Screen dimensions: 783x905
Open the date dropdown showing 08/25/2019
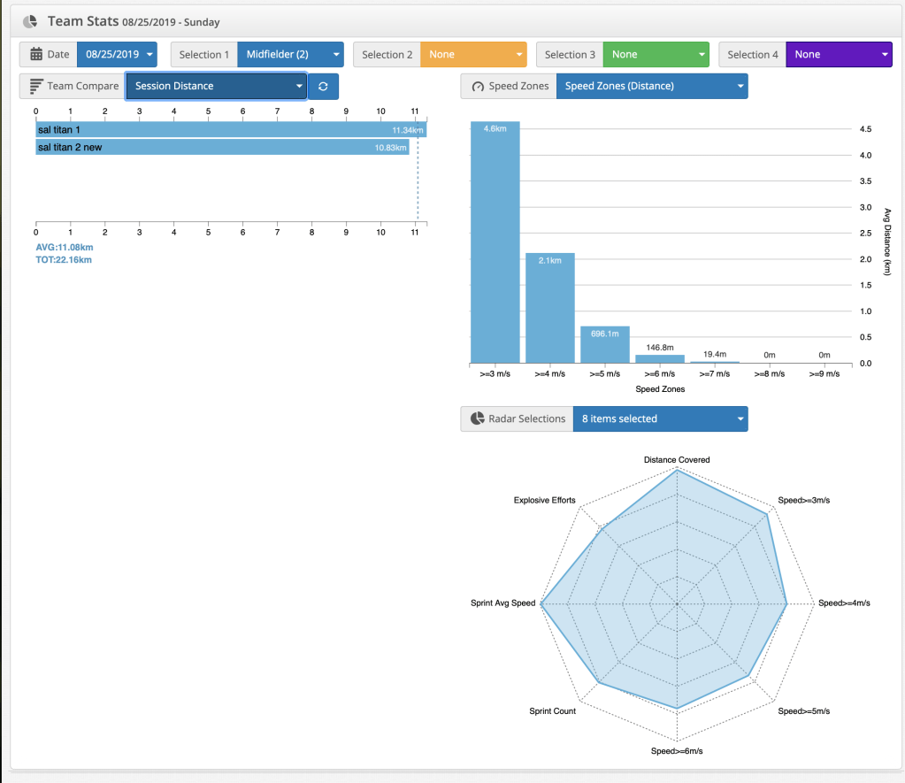coord(117,54)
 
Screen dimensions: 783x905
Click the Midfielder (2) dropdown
coord(290,54)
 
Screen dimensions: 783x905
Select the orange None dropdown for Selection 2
coord(473,54)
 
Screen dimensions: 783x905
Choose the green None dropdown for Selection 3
coord(656,54)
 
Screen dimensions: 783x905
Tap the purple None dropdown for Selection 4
coord(838,54)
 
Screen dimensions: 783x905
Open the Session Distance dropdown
coord(216,86)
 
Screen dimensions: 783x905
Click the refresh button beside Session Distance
coord(323,86)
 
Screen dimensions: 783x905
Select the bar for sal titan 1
coord(230,130)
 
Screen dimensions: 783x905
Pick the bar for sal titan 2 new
coord(221,147)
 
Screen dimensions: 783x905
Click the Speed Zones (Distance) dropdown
coord(652,86)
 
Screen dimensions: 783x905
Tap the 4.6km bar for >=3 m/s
coord(495,243)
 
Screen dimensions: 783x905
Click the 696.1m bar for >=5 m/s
coord(605,345)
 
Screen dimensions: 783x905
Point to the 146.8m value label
coord(660,349)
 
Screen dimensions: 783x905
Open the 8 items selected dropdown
coord(659,418)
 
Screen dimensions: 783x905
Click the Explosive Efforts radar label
coord(545,501)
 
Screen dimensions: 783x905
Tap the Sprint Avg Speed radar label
coord(503,603)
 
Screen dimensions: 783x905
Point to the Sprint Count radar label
coord(552,711)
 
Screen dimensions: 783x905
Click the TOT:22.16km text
coord(64,260)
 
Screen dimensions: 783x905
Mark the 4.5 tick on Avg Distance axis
coord(866,129)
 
